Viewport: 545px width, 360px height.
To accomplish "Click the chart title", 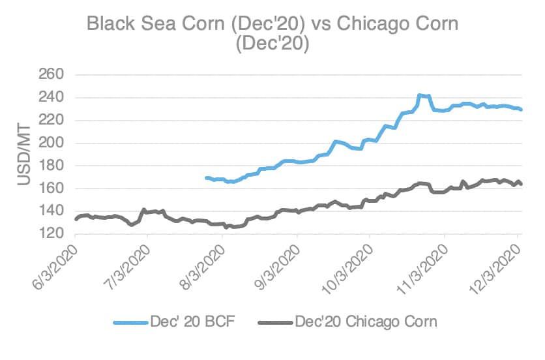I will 272,35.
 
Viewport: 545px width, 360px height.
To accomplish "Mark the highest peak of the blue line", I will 419,95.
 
